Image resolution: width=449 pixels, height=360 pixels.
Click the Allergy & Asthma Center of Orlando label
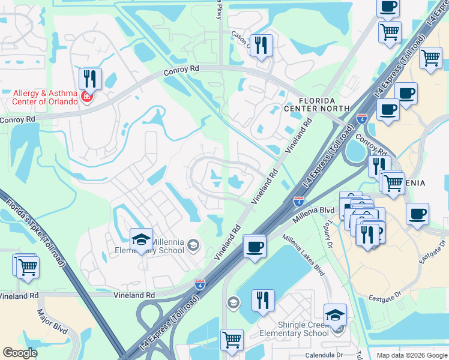[x=46, y=97]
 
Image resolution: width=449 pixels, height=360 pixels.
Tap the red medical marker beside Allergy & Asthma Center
[x=86, y=97]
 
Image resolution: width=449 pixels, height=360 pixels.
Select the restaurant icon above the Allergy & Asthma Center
[x=90, y=79]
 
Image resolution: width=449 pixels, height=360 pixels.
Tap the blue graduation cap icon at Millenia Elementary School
[x=141, y=240]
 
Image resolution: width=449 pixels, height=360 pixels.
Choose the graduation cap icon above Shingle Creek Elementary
[x=335, y=314]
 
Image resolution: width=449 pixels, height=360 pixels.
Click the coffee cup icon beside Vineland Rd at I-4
[x=255, y=246]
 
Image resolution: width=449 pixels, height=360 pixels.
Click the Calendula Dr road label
[x=323, y=354]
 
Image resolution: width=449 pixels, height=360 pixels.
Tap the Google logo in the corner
[x=20, y=353]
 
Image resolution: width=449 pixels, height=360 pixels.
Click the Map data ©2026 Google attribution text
[x=411, y=355]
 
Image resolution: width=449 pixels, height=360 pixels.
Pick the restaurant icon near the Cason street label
[x=261, y=45]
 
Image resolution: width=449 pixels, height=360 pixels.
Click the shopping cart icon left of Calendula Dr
[x=231, y=340]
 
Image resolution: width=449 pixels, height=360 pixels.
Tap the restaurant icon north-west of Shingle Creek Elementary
[x=262, y=300]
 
